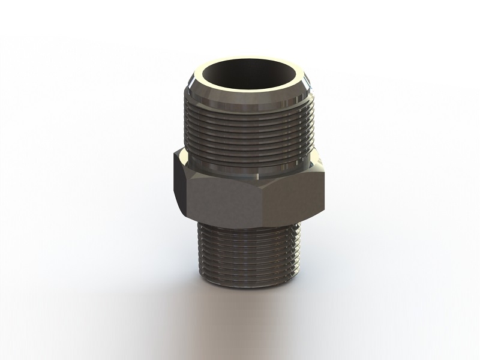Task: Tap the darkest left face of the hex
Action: pyautogui.click(x=179, y=183)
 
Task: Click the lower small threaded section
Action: pyautogui.click(x=248, y=252)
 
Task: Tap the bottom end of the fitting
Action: pyautogui.click(x=248, y=282)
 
